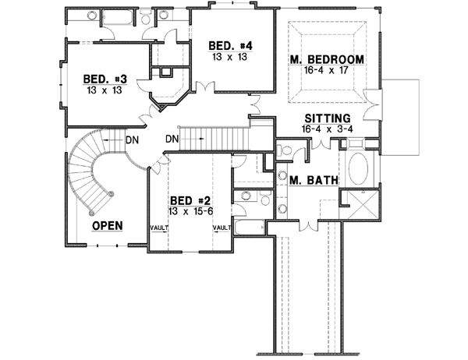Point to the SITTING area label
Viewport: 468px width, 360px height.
[x=326, y=119]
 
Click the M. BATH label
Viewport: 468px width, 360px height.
[x=314, y=181]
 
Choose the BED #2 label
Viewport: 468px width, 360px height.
[x=187, y=199]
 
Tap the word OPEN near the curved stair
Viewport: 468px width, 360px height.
[x=109, y=226]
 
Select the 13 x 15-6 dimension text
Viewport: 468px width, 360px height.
[x=188, y=210]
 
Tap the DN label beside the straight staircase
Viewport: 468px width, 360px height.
[x=174, y=140]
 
